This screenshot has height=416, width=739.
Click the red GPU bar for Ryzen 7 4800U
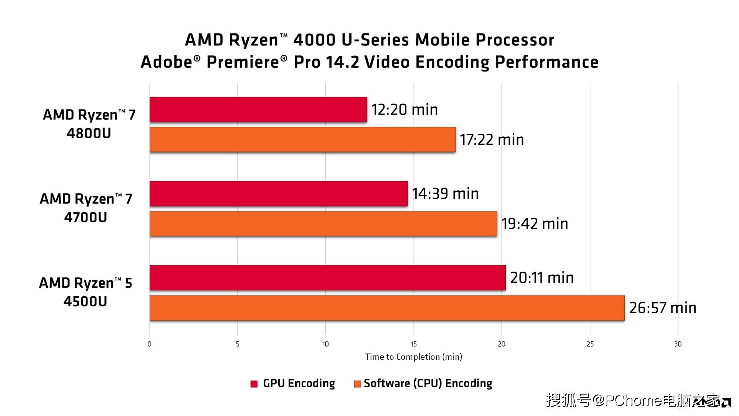(x=258, y=110)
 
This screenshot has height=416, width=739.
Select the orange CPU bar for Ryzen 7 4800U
(x=303, y=139)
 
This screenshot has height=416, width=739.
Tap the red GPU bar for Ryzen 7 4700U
(x=278, y=194)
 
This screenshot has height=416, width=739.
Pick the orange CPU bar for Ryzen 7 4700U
(x=323, y=223)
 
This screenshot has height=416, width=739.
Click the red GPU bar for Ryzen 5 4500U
(x=327, y=278)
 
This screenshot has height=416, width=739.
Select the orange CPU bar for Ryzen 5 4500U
(x=387, y=308)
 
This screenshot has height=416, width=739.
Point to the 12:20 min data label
(x=404, y=110)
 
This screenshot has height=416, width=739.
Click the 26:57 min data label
(x=662, y=308)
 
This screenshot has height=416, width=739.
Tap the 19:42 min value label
(x=534, y=224)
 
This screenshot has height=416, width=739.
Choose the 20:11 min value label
(x=542, y=278)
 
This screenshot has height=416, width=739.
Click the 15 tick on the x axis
(x=413, y=344)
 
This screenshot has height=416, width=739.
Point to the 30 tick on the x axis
(x=678, y=344)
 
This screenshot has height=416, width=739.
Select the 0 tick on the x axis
(x=149, y=344)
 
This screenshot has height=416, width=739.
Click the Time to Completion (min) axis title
(x=413, y=357)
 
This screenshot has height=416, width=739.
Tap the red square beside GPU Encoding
(x=254, y=384)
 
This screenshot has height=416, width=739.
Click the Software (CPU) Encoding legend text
(x=428, y=384)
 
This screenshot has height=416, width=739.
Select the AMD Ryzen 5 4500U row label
(x=85, y=292)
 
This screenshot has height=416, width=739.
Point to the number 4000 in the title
(x=314, y=40)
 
